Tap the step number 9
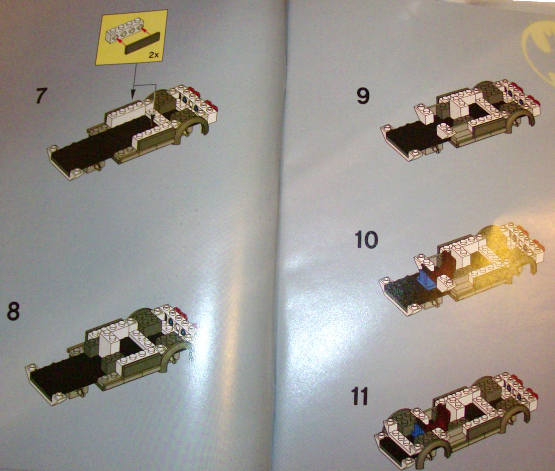tap(363, 96)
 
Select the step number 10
tap(367, 240)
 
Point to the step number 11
tap(360, 396)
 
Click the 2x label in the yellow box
tap(154, 55)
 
